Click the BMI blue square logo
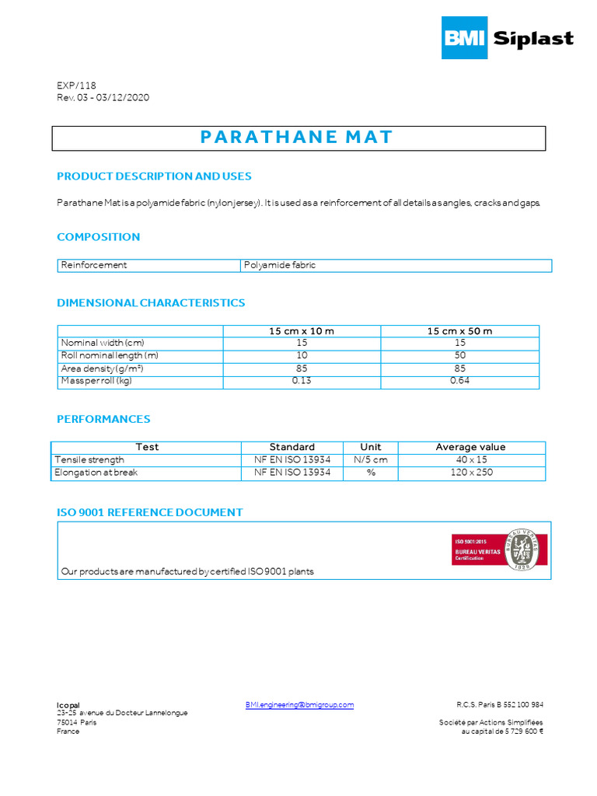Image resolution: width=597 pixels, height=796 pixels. pos(465,37)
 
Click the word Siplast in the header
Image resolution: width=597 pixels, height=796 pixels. pos(533,38)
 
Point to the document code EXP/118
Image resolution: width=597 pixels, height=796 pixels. pos(76,86)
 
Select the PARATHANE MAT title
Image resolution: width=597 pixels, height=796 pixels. pos(297,138)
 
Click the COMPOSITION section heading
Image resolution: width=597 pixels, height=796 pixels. pos(99,237)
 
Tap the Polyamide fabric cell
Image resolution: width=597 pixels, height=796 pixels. pos(280,265)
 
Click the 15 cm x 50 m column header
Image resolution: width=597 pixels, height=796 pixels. pos(459,331)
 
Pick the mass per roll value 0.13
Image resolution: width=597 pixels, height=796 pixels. pos(301,381)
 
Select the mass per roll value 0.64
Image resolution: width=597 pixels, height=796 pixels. pos(459,381)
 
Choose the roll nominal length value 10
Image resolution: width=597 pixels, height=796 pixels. pos(301,356)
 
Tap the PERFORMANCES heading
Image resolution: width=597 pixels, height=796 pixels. pos(103,419)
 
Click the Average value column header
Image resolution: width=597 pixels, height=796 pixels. pos(470,447)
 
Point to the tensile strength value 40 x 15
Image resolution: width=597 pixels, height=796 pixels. pos(471,459)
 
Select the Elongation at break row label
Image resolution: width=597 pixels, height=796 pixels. pos(96,472)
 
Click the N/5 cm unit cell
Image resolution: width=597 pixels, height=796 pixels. pos(370,459)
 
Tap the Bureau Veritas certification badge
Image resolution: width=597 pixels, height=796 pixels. pos(500,550)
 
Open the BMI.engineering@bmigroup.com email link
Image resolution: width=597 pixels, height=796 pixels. pos(299,705)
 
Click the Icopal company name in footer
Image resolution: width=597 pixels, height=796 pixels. pos(68,705)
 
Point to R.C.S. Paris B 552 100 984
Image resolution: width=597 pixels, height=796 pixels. pos(499,705)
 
